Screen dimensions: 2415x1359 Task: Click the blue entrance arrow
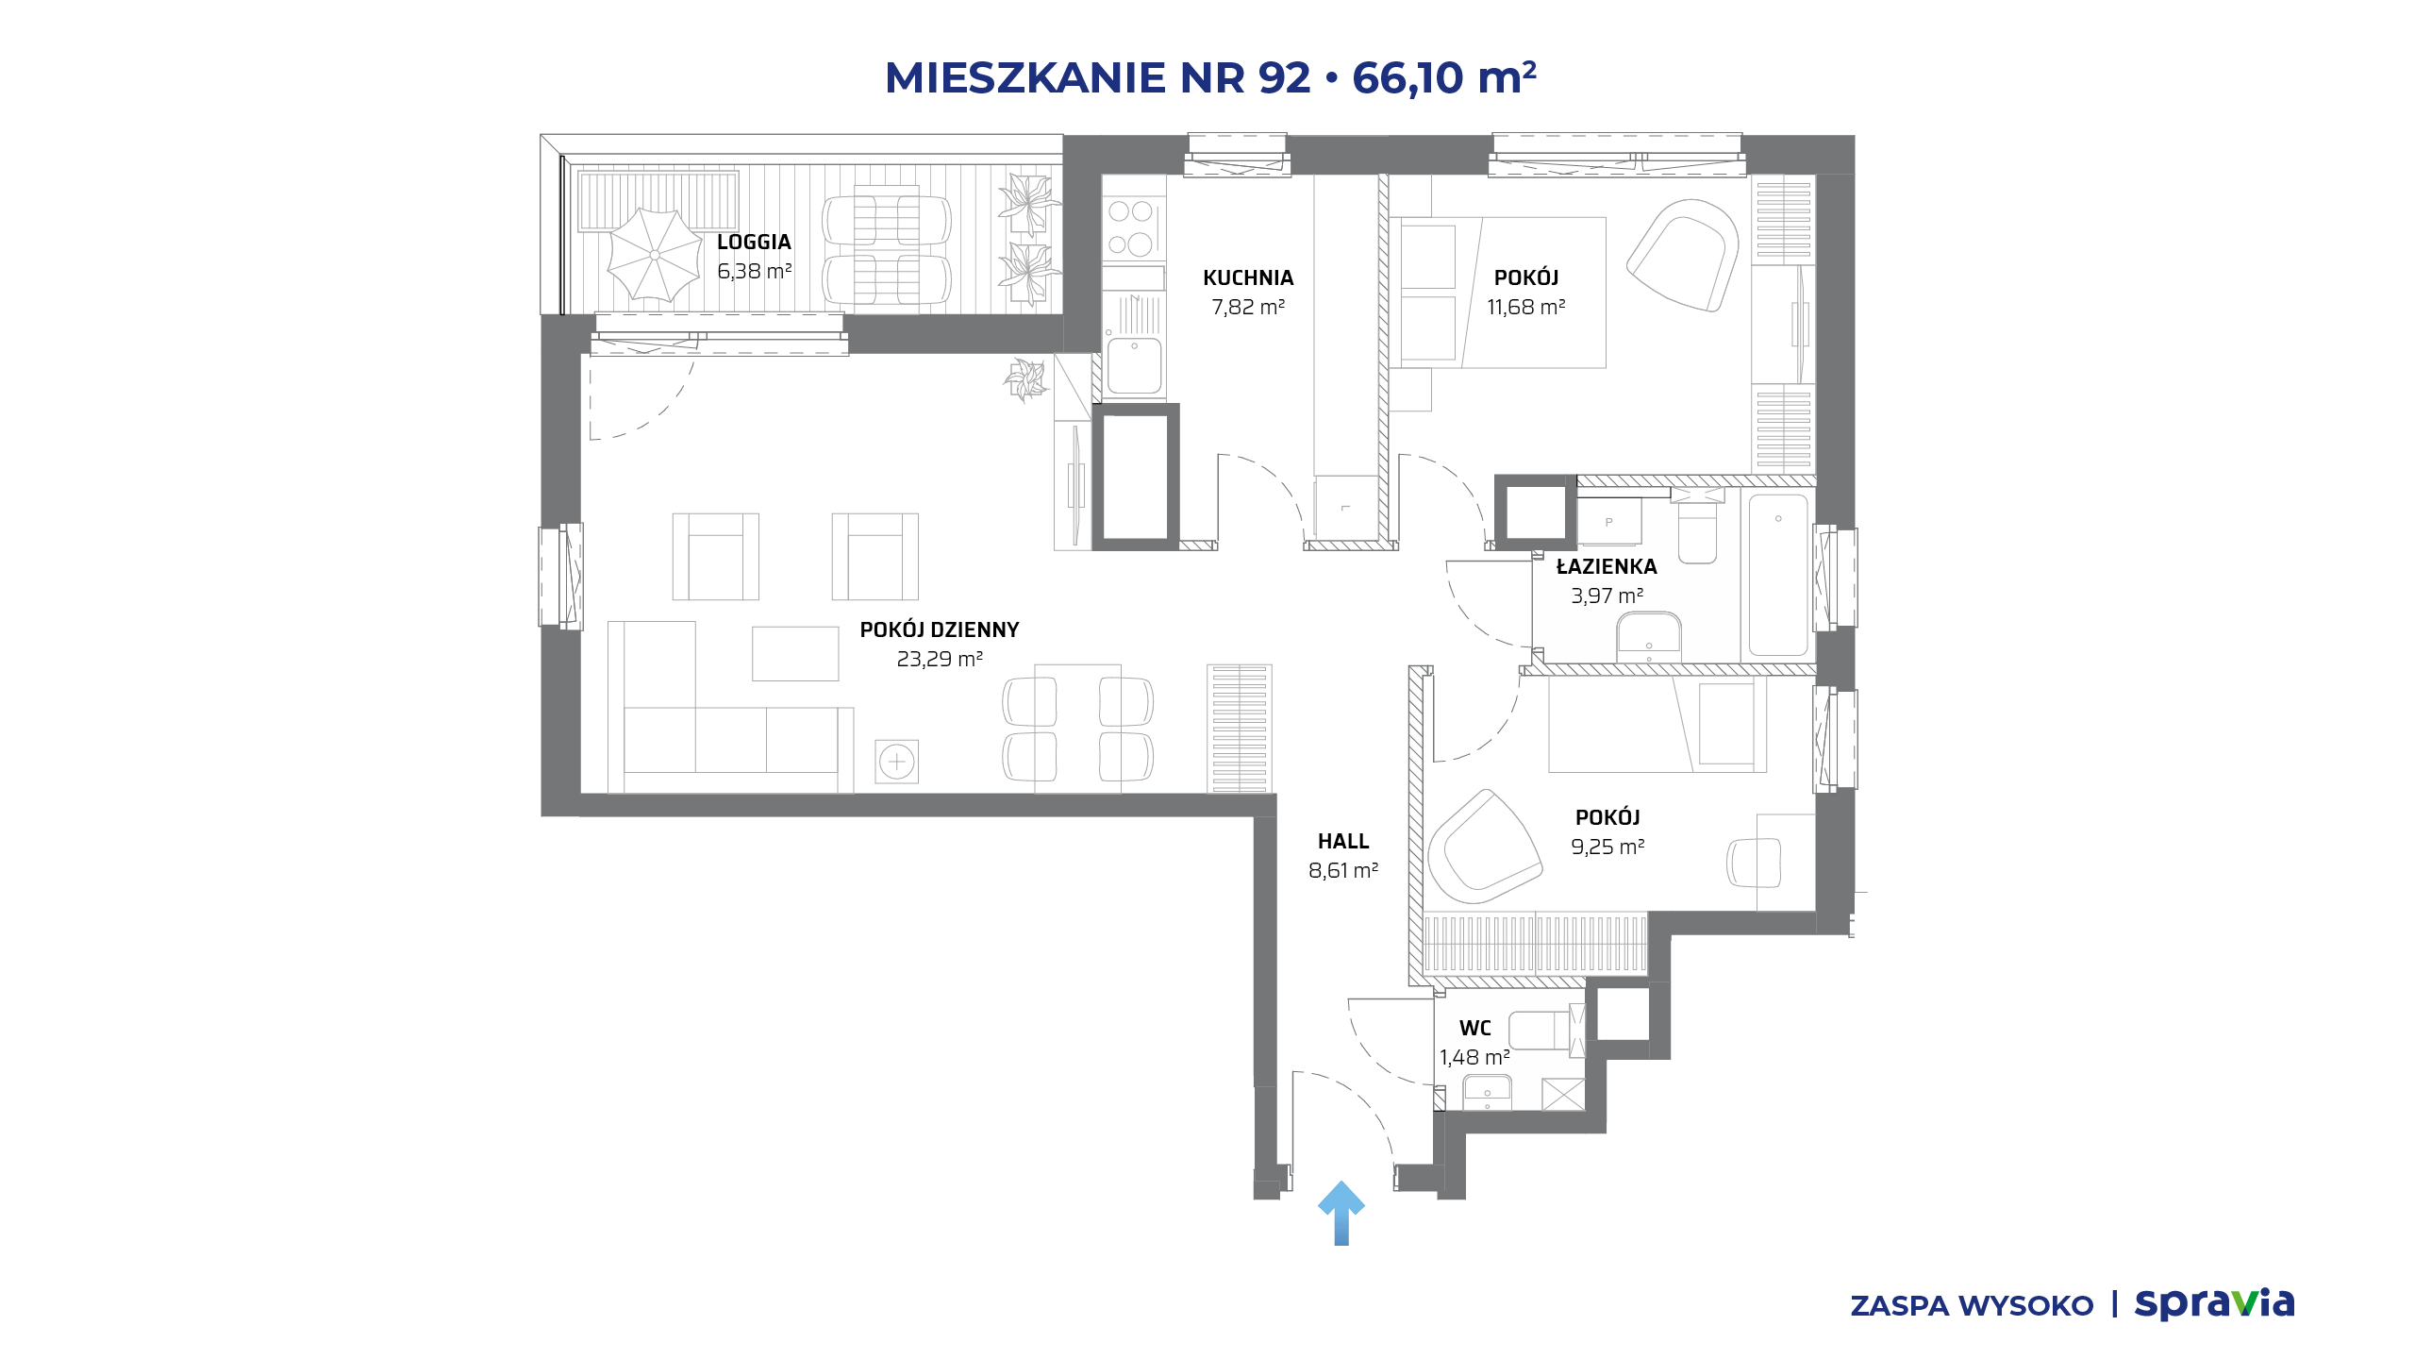1341,1213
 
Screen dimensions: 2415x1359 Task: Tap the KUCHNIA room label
1248,277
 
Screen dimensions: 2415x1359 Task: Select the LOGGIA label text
754,242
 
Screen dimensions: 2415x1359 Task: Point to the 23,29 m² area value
940,659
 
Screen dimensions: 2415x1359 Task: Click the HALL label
1343,841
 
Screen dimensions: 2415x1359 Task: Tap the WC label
1475,1028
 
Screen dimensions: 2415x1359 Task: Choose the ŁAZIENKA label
1607,566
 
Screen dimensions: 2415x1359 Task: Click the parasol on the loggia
655,254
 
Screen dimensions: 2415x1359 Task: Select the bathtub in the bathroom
1778,575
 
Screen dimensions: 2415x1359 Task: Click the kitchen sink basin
1134,365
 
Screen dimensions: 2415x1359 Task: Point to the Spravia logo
2214,1303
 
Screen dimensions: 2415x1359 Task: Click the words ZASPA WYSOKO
1972,1306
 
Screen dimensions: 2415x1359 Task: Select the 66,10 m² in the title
1444,77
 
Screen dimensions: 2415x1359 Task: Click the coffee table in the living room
795,654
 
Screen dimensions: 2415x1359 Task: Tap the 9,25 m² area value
1607,847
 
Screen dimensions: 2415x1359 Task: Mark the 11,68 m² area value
1526,307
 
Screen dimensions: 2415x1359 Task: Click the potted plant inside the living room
1025,379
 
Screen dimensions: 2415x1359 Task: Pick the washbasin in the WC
1487,1093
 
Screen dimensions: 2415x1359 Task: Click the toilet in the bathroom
1697,531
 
